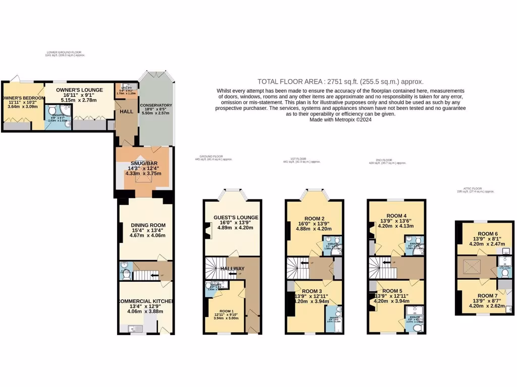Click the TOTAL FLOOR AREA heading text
pos(340,81)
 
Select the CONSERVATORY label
pos(157,105)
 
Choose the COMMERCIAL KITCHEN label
pos(145,301)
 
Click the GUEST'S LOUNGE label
pos(236,217)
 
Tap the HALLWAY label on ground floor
pos(232,269)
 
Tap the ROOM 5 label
pos(392,291)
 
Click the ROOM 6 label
pos(488,234)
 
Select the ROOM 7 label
pos(488,295)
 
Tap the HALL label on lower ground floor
pos(126,111)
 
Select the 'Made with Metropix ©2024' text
pos(340,120)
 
